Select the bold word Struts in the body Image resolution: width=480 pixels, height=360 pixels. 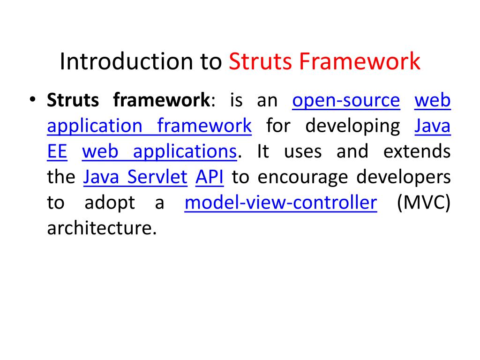(x=73, y=100)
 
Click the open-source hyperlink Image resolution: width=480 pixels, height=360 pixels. (x=346, y=100)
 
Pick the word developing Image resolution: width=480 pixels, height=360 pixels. (x=352, y=126)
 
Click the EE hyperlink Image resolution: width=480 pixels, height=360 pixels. (x=57, y=151)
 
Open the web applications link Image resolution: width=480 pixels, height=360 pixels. (x=159, y=151)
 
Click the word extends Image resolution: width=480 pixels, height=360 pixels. (x=417, y=151)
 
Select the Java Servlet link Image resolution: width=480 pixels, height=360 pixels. (x=135, y=177)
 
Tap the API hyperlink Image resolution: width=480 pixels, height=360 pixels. (x=209, y=177)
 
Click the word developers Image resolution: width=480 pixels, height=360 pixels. (x=404, y=177)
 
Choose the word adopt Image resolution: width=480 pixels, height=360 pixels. (x=110, y=203)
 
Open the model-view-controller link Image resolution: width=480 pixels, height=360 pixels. (x=281, y=203)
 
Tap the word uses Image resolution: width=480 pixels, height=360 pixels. (x=303, y=151)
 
